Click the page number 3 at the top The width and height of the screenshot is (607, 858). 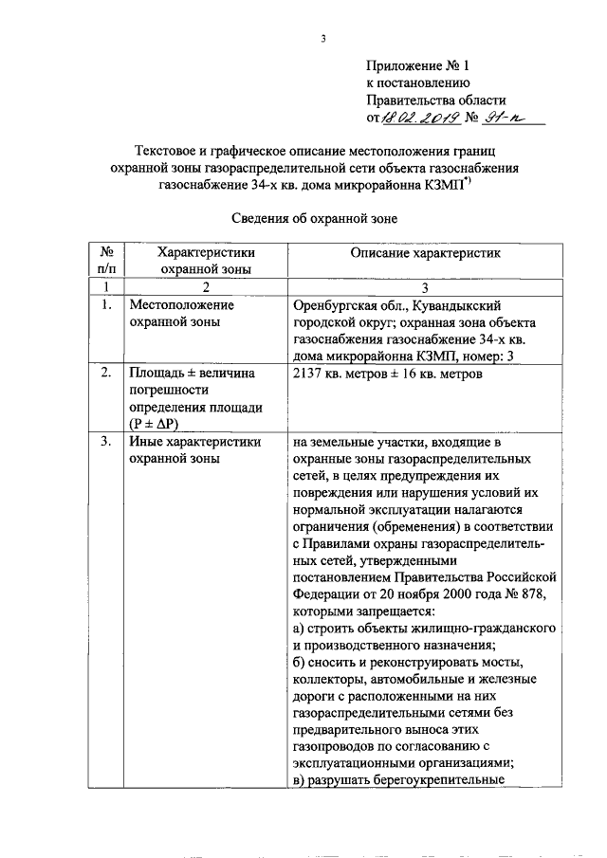[x=322, y=39]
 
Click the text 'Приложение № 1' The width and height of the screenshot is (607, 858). [x=417, y=66]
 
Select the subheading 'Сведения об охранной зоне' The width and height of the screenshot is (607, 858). [x=313, y=218]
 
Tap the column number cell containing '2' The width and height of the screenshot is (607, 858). [x=206, y=286]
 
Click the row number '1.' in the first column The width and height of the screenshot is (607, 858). [x=107, y=306]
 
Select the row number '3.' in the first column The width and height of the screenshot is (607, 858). [x=107, y=443]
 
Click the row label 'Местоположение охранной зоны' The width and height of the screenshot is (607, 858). [x=182, y=315]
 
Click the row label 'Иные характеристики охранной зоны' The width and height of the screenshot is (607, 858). [x=194, y=451]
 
